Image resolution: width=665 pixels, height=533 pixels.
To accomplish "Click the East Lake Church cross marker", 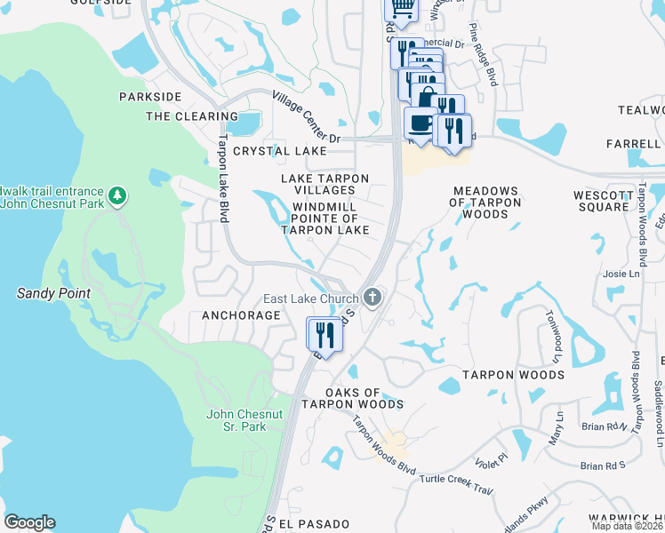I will click(373, 298).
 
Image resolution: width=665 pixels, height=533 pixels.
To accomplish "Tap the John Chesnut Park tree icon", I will click(116, 195).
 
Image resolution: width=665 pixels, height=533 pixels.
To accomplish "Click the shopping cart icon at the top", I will click(401, 8).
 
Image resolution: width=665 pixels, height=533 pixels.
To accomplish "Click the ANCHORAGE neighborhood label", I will click(241, 315).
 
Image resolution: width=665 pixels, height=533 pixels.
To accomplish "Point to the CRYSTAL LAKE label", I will click(275, 152).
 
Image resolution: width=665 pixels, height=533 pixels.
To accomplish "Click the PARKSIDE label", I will click(150, 96).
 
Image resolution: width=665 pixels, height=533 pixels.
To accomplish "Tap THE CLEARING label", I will click(192, 116).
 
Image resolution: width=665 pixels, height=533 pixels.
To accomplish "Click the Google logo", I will click(29, 522).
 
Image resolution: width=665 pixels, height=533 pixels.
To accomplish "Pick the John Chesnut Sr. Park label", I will click(236, 420).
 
